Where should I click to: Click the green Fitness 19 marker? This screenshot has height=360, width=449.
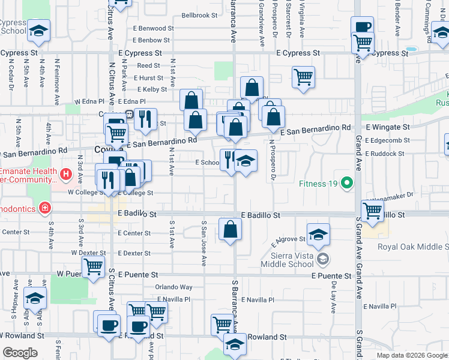click(346, 182)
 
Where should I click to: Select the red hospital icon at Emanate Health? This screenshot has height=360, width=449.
click(66, 175)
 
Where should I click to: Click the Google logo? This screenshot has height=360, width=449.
click(20, 353)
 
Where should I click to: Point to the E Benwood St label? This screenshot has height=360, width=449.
click(154, 28)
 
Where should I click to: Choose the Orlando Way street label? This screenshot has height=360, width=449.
click(174, 287)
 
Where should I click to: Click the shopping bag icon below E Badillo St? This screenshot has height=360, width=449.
click(230, 229)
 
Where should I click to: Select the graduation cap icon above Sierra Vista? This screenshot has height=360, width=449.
click(319, 234)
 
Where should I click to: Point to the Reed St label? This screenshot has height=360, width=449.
click(148, 66)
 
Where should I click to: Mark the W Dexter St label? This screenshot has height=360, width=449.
click(89, 254)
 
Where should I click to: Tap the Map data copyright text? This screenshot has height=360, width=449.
click(411, 355)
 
